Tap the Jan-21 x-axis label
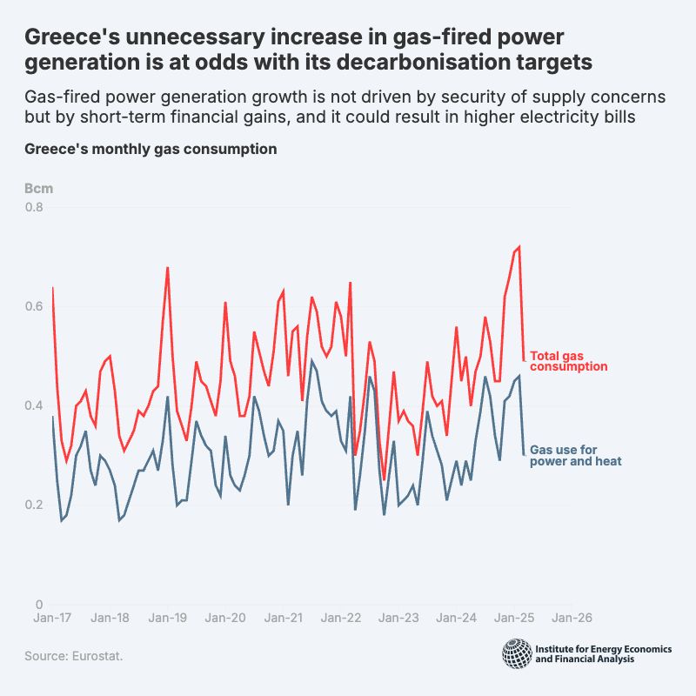pos(283,619)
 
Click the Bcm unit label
pos(37,188)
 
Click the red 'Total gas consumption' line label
pos(568,361)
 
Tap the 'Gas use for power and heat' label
pos(575,455)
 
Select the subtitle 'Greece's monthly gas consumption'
pos(151,149)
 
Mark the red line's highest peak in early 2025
pos(519,246)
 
